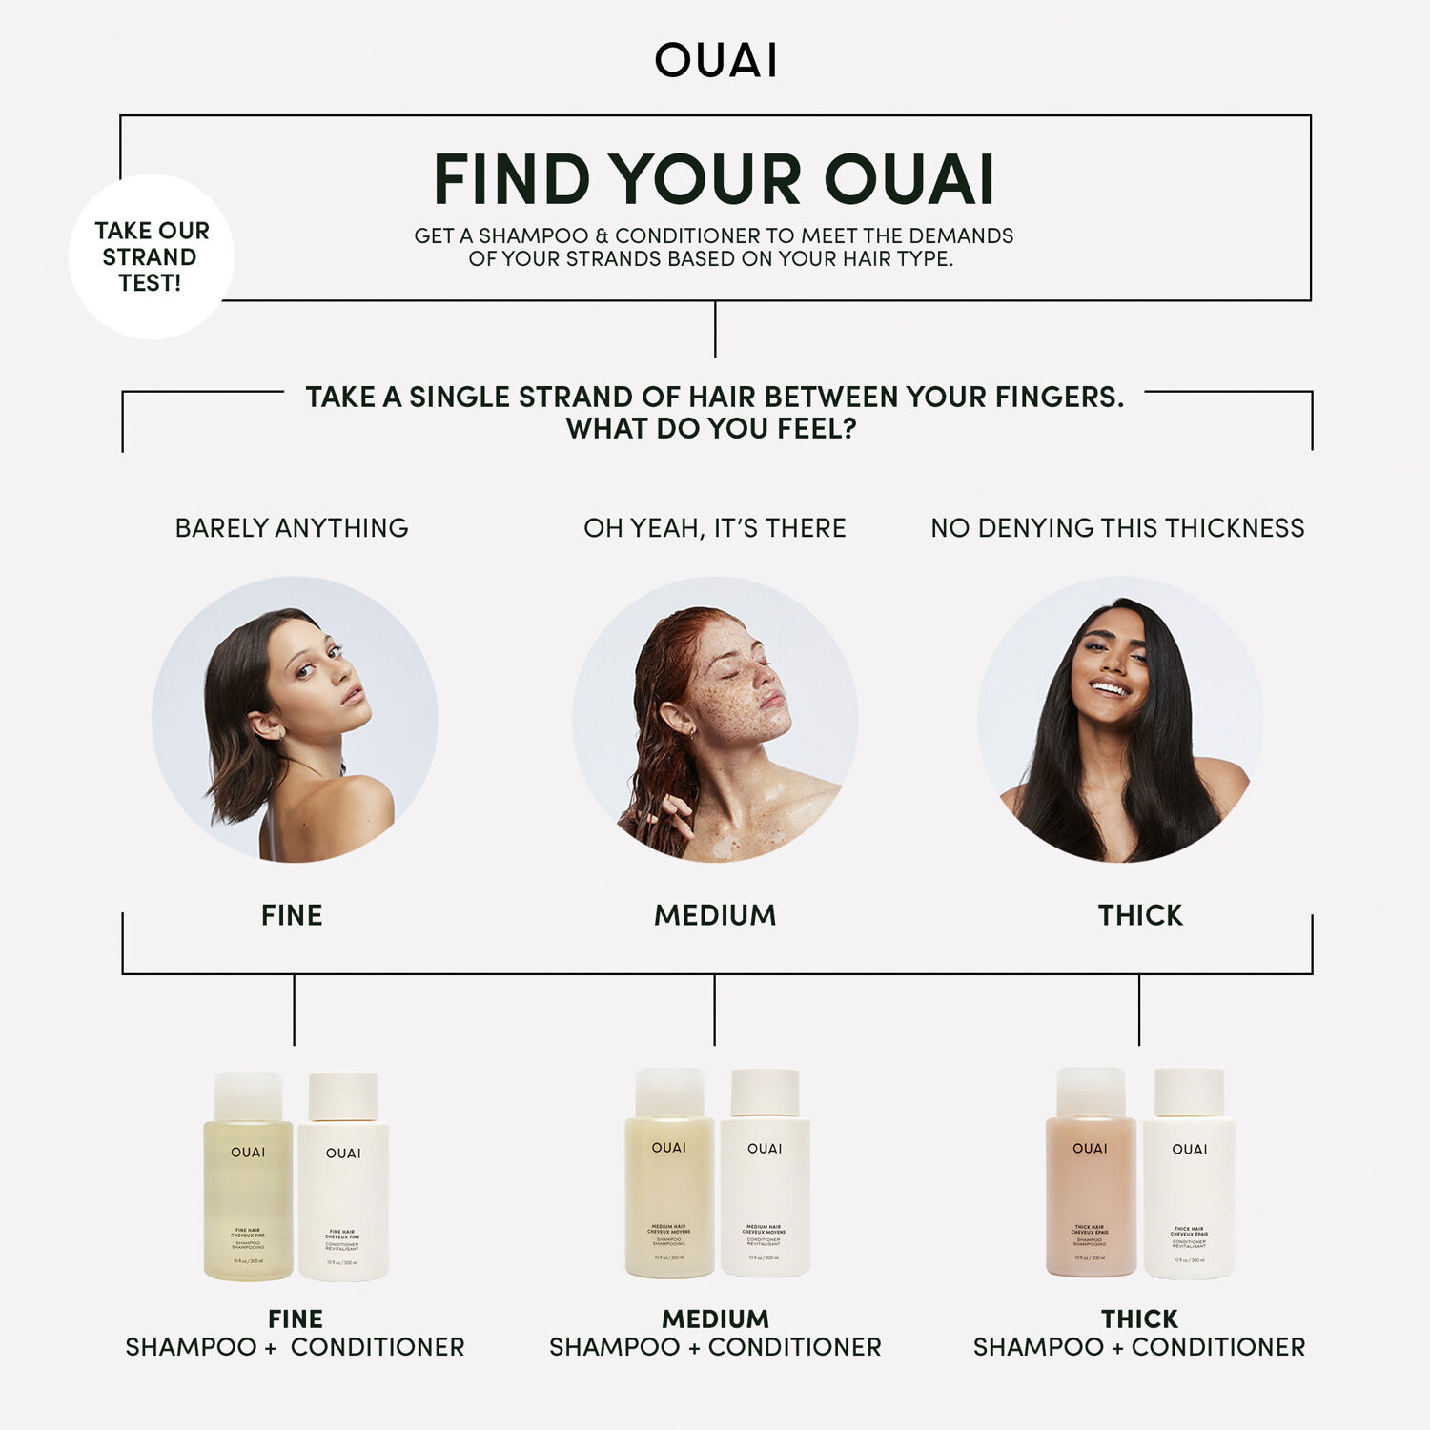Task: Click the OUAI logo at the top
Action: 715,60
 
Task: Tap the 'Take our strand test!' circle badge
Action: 152,256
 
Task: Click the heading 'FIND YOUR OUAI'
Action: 714,179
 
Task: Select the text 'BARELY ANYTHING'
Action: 292,528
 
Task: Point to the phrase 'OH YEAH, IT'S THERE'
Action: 715,528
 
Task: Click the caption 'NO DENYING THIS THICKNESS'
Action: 1117,528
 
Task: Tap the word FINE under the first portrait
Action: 292,915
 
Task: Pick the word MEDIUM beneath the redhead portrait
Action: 715,915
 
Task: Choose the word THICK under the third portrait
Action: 1140,915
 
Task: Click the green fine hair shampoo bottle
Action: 248,1192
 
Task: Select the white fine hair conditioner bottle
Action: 343,1192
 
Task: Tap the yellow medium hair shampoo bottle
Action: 669,1192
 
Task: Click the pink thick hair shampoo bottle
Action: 1091,1192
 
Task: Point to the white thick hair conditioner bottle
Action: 1189,1192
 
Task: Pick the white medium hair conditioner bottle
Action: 765,1192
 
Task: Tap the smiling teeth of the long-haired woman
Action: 1109,687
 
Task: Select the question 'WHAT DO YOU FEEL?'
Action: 711,429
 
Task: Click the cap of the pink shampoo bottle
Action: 1091,1093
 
